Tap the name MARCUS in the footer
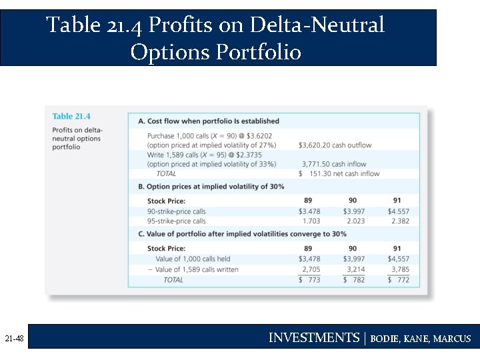coord(452,339)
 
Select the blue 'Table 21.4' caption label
coord(71,117)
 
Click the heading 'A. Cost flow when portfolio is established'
coord(209,121)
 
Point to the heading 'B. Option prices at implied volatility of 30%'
coord(211,187)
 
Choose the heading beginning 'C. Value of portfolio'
coord(242,234)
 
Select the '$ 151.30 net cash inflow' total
coord(339,174)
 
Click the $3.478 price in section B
coord(309,211)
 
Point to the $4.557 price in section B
coord(398,211)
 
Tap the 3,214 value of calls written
coord(353,269)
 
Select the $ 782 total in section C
coord(353,280)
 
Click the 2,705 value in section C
coord(311,269)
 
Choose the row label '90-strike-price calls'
coord(176,211)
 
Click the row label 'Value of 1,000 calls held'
coord(193,259)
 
